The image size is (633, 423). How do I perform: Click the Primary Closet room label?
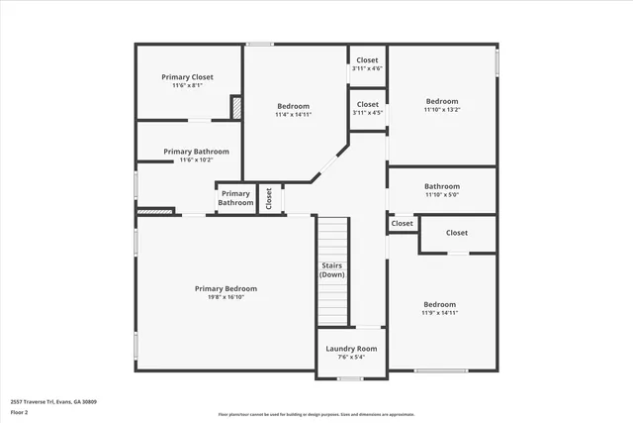pos(188,77)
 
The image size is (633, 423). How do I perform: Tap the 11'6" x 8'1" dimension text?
pos(188,86)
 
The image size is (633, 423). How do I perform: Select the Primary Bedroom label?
pos(226,288)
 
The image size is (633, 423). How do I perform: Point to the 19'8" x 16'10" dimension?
pos(226,297)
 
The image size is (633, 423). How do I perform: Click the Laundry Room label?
pos(352,349)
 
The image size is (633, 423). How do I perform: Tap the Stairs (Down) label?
pos(332,269)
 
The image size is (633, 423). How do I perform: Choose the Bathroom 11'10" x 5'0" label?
pos(442,186)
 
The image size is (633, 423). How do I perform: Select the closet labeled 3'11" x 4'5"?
pos(367,113)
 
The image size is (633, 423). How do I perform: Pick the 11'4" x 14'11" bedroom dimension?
pos(293,115)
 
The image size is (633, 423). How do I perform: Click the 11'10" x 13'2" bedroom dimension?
pos(442,110)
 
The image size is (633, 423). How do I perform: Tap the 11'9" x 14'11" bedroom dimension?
pos(440,313)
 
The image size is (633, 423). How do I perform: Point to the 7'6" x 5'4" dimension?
pos(352,358)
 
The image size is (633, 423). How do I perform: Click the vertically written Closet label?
pos(269,198)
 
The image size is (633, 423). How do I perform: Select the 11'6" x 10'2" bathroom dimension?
pos(197,160)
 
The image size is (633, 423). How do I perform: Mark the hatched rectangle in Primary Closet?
pos(236,107)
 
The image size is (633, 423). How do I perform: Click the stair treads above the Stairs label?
pos(332,238)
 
